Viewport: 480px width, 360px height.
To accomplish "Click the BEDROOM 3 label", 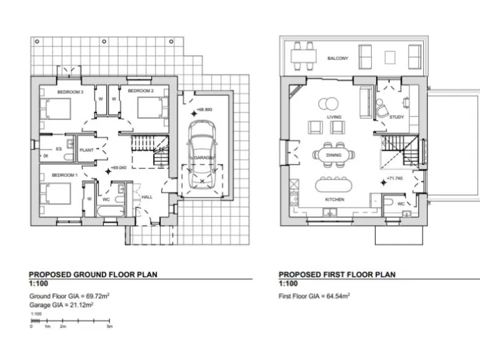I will pos(70,92).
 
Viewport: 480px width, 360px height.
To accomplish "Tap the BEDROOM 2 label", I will pos(141,91).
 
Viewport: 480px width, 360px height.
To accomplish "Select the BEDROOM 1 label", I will pos(64,175).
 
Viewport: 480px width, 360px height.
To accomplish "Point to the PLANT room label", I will pos(86,150).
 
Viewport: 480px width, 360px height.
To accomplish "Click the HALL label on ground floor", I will pos(147,196).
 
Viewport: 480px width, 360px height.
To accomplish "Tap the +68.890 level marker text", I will pos(205,110).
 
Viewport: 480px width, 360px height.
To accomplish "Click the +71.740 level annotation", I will pos(395,179).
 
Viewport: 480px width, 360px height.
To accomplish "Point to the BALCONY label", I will pos(338,59).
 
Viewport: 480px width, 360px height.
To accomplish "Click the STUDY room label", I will pos(397,117).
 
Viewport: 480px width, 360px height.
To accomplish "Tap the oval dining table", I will pos(334,154).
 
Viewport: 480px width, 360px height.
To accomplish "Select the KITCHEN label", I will pos(334,200).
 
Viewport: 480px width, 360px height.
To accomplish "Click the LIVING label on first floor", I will pos(334,117).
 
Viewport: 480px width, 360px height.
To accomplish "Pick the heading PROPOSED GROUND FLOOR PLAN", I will pos(93,274).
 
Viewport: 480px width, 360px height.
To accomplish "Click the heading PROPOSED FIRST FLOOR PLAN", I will pos(337,274).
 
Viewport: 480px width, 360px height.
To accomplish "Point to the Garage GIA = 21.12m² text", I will pos(61,305).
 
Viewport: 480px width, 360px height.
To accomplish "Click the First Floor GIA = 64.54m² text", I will pos(314,296).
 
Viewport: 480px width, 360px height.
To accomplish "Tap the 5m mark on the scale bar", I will pos(110,326).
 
